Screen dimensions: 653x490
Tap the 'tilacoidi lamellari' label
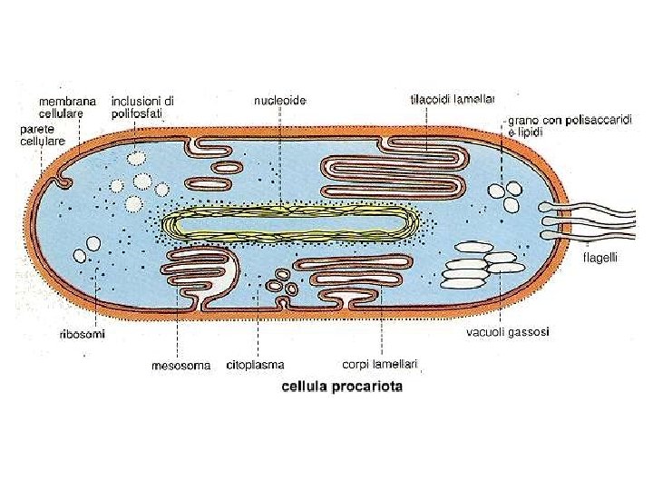[451, 98]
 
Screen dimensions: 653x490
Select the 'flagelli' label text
[599, 258]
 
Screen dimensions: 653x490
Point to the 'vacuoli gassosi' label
[507, 332]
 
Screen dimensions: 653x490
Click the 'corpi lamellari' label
[380, 364]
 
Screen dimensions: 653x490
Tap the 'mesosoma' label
[180, 366]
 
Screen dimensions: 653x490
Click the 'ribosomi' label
[82, 334]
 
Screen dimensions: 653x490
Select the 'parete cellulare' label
[42, 136]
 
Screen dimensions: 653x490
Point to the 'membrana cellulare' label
[67, 107]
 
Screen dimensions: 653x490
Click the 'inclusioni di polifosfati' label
[143, 107]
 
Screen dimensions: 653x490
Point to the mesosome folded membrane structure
[200, 276]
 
